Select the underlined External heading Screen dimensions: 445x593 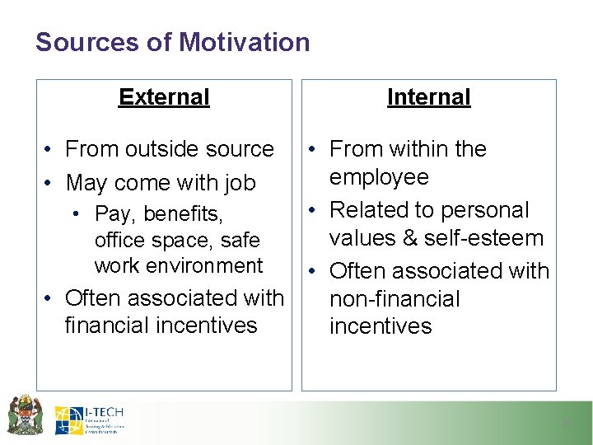(164, 97)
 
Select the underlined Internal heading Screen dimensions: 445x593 (428, 97)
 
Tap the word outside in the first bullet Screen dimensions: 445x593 (161, 149)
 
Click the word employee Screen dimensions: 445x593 (379, 177)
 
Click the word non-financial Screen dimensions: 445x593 (395, 298)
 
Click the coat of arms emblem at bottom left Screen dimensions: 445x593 (26, 415)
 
